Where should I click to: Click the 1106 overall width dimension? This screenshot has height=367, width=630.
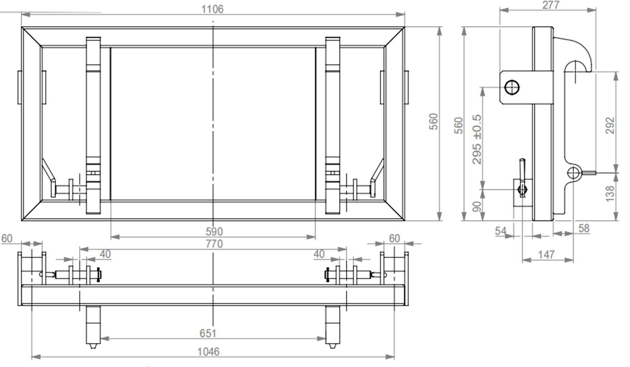212,9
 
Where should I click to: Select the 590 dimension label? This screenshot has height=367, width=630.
214,232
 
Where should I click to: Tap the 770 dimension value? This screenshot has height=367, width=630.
214,244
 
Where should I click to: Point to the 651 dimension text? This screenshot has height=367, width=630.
208,333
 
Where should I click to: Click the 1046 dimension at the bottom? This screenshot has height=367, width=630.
208,352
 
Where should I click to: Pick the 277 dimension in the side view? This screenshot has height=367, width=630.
550,5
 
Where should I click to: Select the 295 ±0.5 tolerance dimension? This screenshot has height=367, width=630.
477,139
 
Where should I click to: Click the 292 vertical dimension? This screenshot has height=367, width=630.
610,125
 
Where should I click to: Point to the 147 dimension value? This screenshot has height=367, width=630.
546,254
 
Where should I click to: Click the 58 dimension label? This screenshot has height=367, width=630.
584,228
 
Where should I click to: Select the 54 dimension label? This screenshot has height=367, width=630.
501,231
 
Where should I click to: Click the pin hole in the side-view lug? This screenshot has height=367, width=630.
512,87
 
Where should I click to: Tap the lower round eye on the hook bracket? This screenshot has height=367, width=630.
574,173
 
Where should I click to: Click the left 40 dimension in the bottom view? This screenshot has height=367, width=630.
105,254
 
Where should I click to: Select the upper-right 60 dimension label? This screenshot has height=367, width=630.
394,238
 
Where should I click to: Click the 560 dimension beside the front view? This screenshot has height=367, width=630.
434,121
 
